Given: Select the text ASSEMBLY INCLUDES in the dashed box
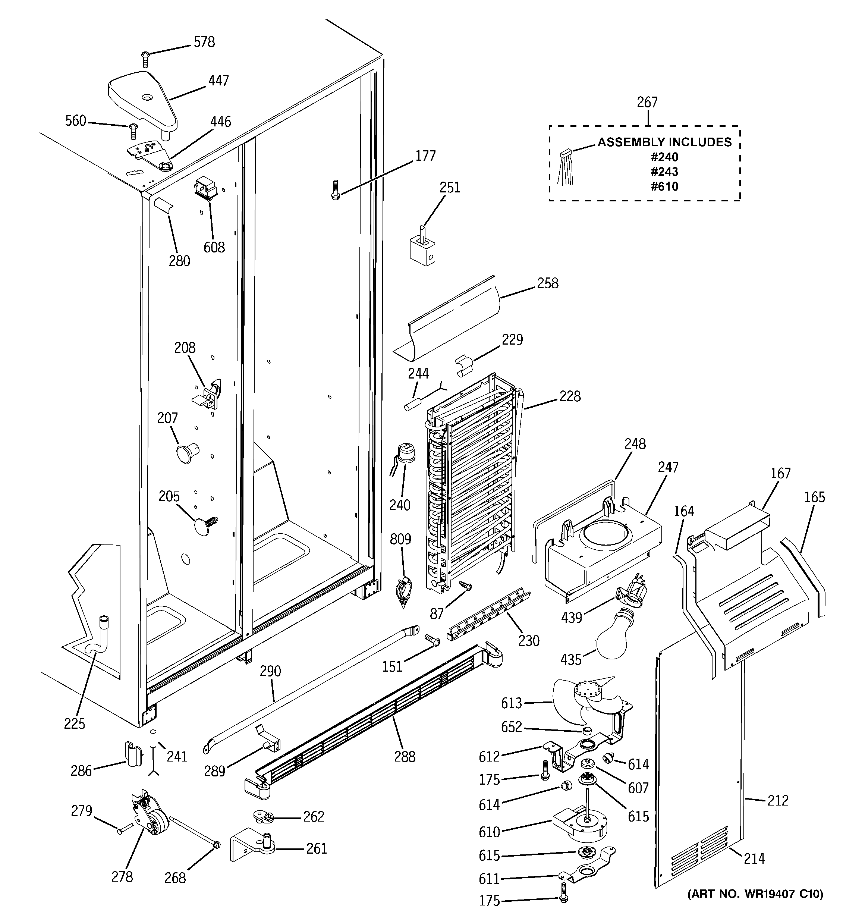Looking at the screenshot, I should tap(664, 142).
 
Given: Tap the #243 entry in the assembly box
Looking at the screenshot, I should tap(664, 172).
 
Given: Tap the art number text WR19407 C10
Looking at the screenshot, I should tap(755, 894).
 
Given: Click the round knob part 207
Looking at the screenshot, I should tap(186, 451).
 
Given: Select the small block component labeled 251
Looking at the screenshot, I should tap(422, 248).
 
